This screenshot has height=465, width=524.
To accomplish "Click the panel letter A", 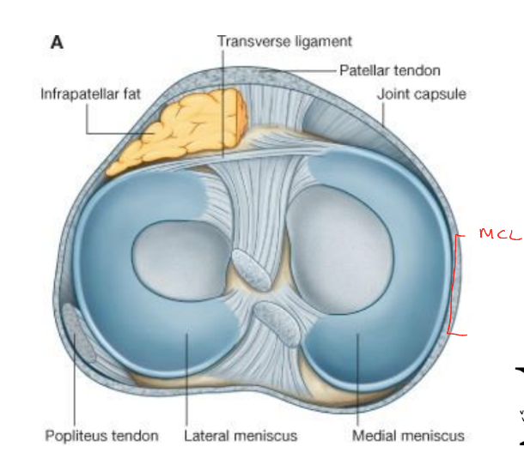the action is [x=57, y=42].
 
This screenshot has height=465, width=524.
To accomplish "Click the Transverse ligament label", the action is [x=284, y=42].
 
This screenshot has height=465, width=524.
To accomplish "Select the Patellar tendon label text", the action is [x=390, y=70].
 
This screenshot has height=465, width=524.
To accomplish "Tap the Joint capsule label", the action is [x=422, y=94].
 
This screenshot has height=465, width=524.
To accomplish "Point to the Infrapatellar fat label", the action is [x=90, y=94].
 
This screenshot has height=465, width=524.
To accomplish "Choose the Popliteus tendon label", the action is [x=101, y=436].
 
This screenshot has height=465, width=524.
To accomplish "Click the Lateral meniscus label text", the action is [x=241, y=436].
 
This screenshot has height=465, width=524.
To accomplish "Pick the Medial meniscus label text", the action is [x=408, y=436].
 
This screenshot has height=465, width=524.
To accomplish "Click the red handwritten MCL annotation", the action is [x=500, y=233].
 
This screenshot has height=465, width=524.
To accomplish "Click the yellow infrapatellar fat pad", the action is [x=181, y=131].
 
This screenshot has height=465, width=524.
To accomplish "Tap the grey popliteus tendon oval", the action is [x=79, y=333].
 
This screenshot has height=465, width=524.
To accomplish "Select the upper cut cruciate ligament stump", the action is [x=252, y=270].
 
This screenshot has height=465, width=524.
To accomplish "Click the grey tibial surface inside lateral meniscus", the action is [x=180, y=260].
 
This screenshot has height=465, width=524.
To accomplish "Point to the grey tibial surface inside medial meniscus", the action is [x=339, y=250].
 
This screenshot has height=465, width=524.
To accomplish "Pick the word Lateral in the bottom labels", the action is [x=204, y=436].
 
